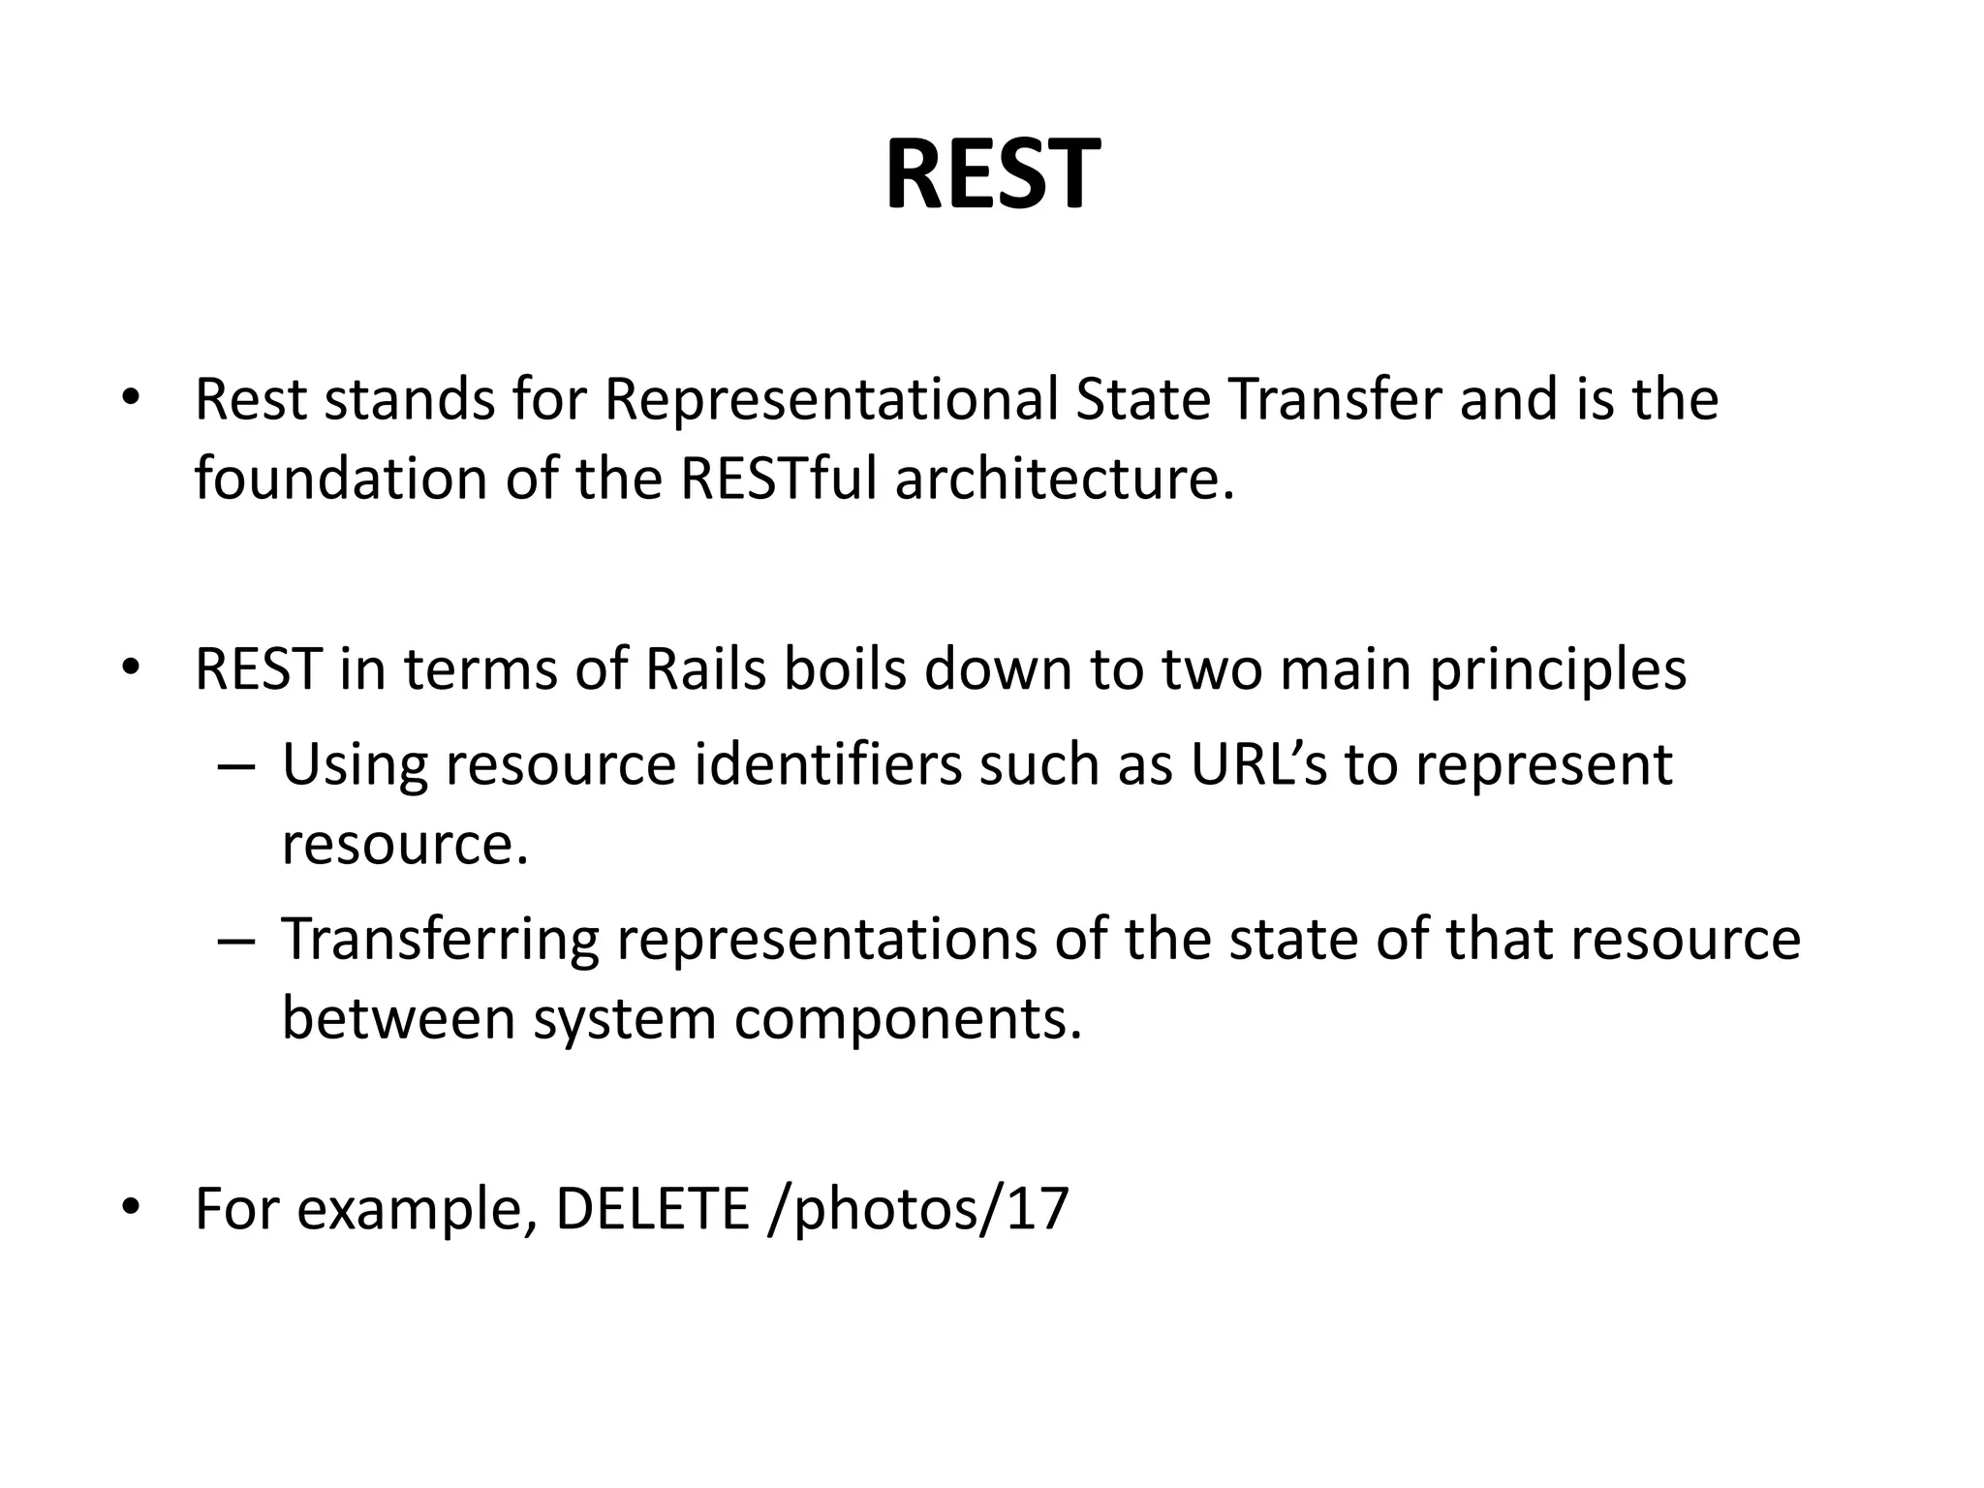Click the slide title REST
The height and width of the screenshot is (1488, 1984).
coord(992,175)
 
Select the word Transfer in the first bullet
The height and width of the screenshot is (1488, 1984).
coord(1335,399)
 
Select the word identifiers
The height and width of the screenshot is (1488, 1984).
coord(828,764)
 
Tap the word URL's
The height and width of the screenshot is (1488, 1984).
coord(1258,764)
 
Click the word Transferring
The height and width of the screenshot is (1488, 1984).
coord(440,942)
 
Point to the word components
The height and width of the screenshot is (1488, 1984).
coord(908,1021)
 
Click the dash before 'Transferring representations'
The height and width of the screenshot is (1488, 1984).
coord(236,942)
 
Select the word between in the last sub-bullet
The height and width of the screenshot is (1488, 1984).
coord(398,1019)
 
